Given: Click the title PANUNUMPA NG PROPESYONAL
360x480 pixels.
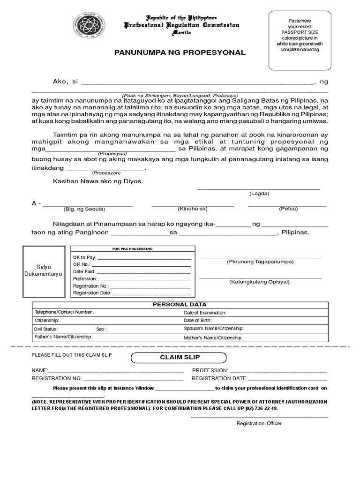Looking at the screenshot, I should tap(180, 52).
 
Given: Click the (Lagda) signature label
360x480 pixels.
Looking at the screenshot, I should tap(259, 194).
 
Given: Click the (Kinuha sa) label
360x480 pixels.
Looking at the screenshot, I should tap(192, 209).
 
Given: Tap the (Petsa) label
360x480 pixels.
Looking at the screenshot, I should tap(288, 209).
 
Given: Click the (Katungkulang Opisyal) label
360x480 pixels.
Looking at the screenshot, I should tap(259, 282).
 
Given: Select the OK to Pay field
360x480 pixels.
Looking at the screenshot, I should tap(132, 257).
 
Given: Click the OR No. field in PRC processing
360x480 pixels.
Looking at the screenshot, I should tap(132, 264).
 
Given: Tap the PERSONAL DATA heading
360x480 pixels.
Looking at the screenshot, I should tap(180, 305).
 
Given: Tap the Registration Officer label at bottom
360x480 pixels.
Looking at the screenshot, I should tap(259, 423).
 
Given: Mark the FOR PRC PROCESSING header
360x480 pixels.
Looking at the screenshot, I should tap(132, 249).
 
